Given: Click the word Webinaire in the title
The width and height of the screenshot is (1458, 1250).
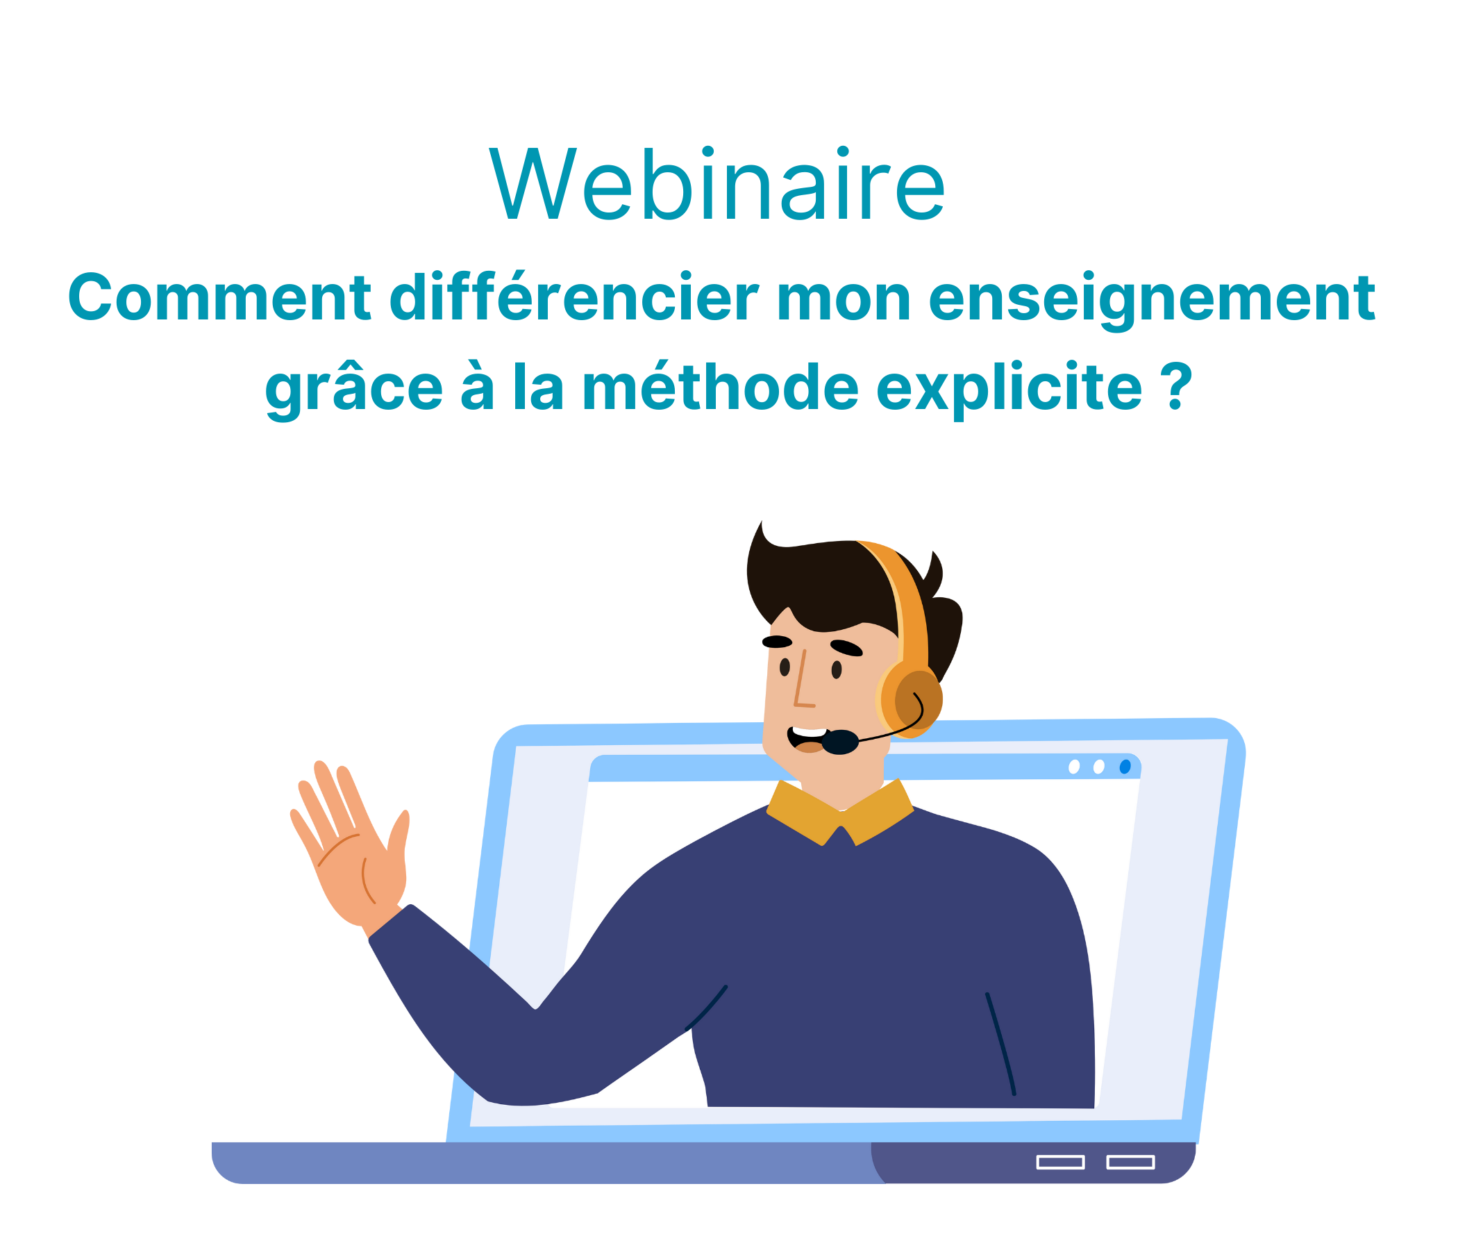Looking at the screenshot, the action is click(717, 184).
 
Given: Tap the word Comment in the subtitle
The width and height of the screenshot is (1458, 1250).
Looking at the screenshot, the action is click(219, 298).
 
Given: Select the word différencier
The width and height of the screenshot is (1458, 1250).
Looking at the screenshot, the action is click(574, 297).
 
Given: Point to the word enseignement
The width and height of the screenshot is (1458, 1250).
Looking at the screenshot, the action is click(1152, 301).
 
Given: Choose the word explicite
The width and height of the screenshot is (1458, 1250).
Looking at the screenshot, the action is click(1009, 390).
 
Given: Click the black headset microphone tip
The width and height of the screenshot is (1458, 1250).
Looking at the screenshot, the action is click(840, 742).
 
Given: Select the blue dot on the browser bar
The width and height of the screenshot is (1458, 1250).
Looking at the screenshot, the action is click(1125, 767).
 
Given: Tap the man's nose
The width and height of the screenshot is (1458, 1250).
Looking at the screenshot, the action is click(802, 678).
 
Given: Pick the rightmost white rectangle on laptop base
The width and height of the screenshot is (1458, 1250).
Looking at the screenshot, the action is click(1131, 1162).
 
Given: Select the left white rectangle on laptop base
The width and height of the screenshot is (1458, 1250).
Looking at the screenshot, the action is click(1060, 1162).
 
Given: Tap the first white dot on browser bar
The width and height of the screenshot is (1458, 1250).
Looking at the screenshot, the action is click(1074, 767).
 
